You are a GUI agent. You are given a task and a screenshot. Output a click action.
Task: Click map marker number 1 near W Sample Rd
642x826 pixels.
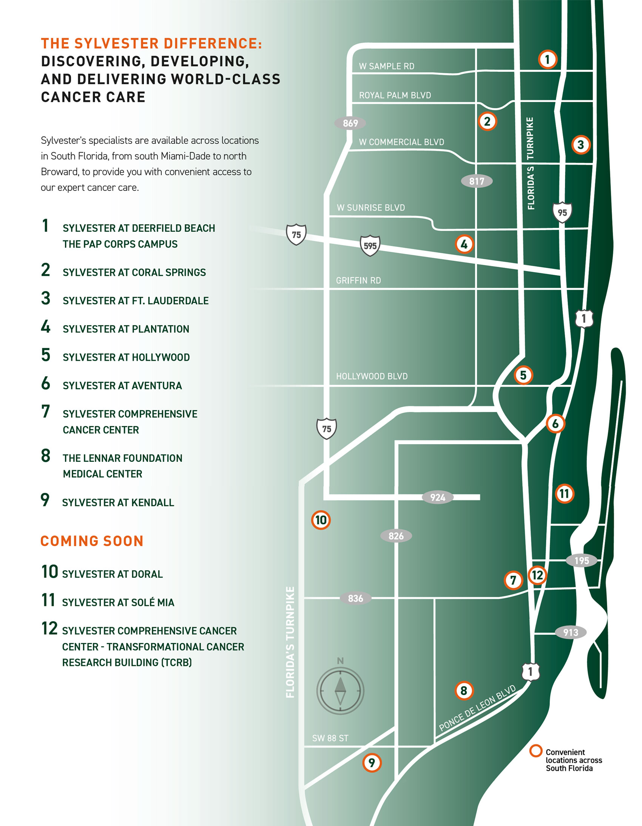547,59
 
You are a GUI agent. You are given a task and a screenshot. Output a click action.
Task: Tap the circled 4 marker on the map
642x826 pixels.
464,244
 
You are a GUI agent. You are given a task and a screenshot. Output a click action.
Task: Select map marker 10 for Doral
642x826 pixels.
321,520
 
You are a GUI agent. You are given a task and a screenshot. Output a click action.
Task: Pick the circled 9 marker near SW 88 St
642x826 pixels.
372,763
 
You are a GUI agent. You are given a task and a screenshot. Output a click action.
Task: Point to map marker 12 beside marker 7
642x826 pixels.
537,575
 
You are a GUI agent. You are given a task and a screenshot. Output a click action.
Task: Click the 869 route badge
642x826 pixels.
350,123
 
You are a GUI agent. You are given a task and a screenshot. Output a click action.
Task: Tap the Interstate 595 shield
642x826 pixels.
370,246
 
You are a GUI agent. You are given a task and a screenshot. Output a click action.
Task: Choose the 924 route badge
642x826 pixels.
438,497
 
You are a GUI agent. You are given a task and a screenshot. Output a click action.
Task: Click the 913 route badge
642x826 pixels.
571,632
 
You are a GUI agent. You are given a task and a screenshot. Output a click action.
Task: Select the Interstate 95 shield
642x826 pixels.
562,212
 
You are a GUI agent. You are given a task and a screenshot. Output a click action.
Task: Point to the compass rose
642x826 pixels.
340,691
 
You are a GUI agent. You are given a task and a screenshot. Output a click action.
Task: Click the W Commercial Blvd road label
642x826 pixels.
401,142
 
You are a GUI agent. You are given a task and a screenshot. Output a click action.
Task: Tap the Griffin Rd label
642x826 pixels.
358,281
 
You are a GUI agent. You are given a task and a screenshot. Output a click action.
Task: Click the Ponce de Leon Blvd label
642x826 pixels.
477,708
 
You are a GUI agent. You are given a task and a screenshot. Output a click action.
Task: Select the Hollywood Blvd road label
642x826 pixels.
372,376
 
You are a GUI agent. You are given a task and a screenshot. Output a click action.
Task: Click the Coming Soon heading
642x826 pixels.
92,541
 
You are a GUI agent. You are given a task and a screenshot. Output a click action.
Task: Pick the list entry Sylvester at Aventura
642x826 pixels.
122,386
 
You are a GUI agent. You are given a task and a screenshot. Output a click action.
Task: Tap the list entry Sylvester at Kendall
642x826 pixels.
118,503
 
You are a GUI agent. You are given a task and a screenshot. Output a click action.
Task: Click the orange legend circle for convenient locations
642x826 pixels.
536,751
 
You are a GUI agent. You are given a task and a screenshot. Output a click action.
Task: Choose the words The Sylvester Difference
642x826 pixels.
151,43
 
